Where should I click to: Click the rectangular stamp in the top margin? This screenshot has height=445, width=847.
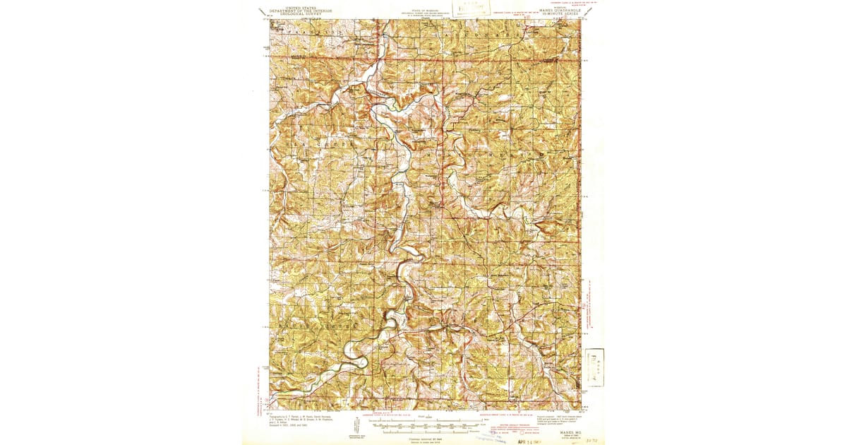(x=471, y=9)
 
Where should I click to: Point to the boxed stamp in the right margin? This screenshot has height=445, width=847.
(x=595, y=367)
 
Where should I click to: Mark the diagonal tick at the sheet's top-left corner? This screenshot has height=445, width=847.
(x=262, y=12)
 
